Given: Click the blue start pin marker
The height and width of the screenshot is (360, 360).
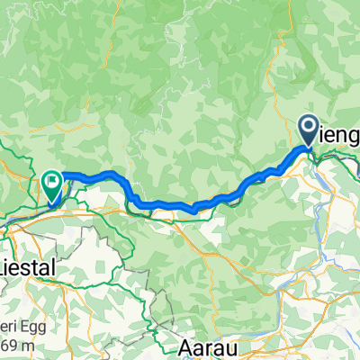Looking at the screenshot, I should [309, 131].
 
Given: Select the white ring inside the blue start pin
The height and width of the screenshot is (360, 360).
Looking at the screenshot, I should [309, 128].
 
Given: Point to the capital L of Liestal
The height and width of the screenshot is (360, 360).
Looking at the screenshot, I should [4, 268].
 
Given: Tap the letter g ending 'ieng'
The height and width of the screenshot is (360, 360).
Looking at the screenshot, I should [354, 138].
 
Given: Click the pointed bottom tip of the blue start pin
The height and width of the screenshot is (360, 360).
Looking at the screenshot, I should [309, 148].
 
